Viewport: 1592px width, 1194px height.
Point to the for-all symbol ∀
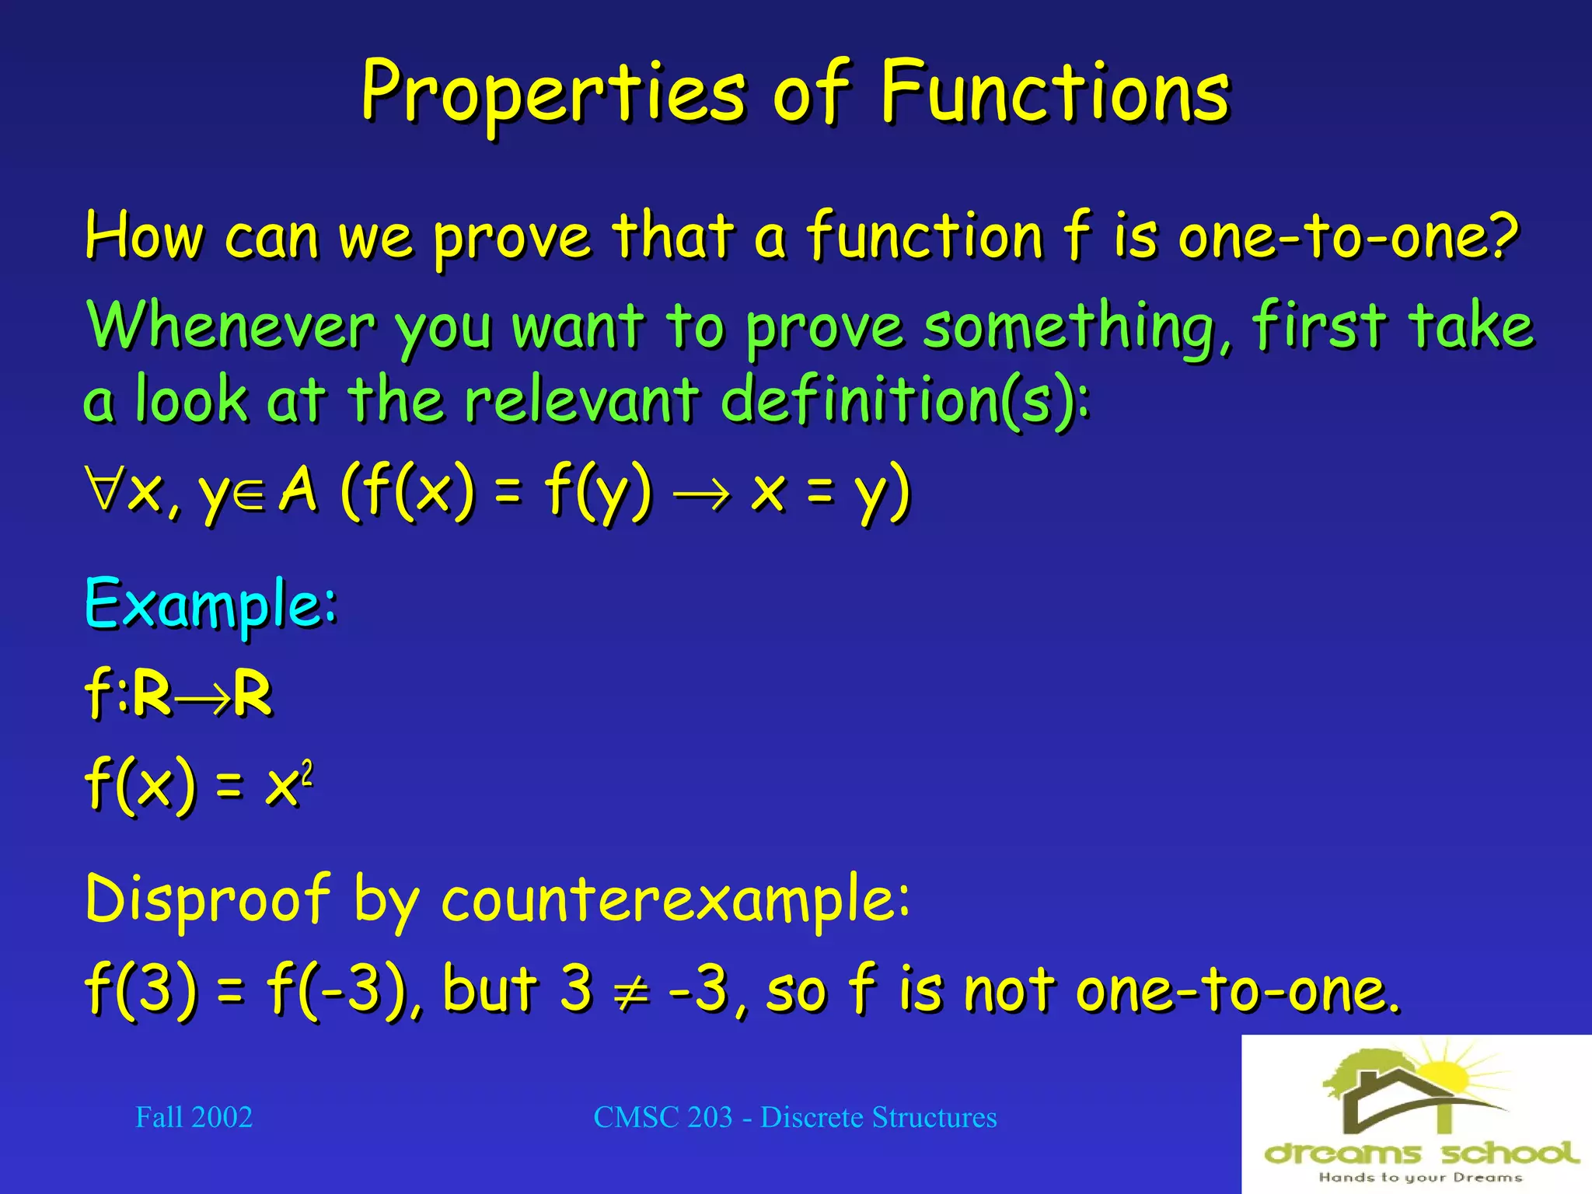tap(105, 490)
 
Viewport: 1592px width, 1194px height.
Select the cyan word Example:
tap(211, 605)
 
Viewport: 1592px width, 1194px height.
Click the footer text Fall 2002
tap(194, 1117)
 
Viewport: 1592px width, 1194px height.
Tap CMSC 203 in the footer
tap(662, 1117)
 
